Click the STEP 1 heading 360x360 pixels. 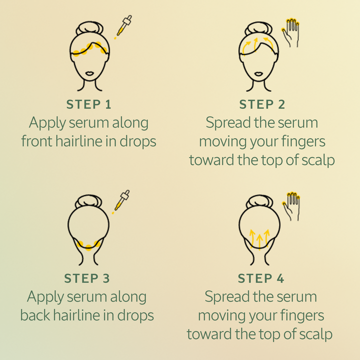click(x=89, y=104)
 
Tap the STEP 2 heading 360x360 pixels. click(x=262, y=104)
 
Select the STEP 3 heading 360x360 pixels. click(x=87, y=278)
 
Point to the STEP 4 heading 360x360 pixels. click(x=261, y=278)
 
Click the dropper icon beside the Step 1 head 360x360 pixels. click(x=123, y=26)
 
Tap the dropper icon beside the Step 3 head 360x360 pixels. click(x=121, y=201)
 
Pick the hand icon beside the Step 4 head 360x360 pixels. click(x=291, y=206)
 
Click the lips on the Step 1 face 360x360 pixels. click(x=89, y=73)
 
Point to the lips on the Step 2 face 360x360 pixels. click(x=259, y=73)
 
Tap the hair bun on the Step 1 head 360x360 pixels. click(x=89, y=28)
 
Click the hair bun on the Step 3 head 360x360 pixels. click(x=88, y=201)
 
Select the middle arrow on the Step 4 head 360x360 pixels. click(x=259, y=241)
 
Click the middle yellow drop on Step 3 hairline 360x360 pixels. click(x=88, y=247)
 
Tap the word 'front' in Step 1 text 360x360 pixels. click(x=36, y=141)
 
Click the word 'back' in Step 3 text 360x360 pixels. click(x=35, y=315)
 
